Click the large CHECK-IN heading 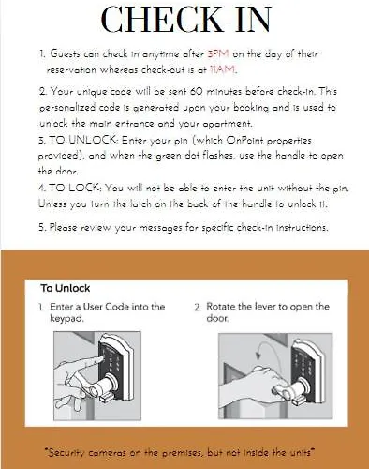186,19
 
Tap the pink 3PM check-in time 218,54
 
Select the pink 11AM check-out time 222,69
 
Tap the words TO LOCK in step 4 74,188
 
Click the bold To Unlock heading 66,288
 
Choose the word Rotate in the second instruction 220,307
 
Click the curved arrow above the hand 269,346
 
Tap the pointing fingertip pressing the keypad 100,359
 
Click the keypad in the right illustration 302,363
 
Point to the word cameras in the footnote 107,452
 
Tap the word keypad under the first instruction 67,319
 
